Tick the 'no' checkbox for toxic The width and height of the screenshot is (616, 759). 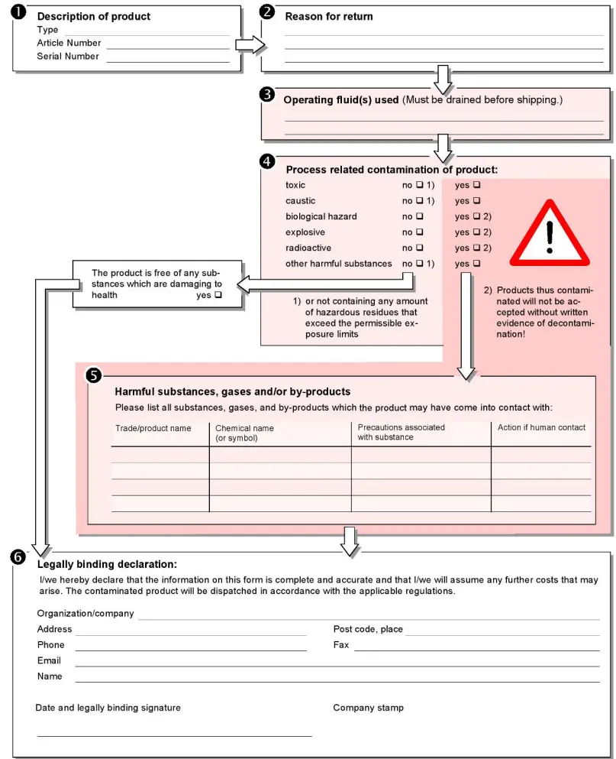[419, 186]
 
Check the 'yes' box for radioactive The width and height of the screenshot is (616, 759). [477, 248]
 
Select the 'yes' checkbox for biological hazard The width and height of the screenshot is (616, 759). [477, 217]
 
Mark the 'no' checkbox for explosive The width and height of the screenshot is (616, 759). [419, 232]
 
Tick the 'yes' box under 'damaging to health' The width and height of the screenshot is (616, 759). [218, 295]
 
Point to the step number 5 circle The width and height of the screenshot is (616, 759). [94, 375]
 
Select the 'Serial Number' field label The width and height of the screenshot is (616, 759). [68, 57]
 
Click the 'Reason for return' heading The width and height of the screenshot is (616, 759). [329, 16]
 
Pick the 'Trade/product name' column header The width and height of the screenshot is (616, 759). [153, 429]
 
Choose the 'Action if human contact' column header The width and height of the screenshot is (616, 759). [541, 428]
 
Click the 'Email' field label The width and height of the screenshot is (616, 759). [49, 660]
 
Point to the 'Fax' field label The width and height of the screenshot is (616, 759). [341, 645]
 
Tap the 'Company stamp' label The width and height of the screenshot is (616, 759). [368, 708]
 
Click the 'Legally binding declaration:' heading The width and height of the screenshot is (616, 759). [107, 565]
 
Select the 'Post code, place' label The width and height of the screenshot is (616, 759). [368, 629]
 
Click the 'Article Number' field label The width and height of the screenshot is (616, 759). [69, 44]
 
